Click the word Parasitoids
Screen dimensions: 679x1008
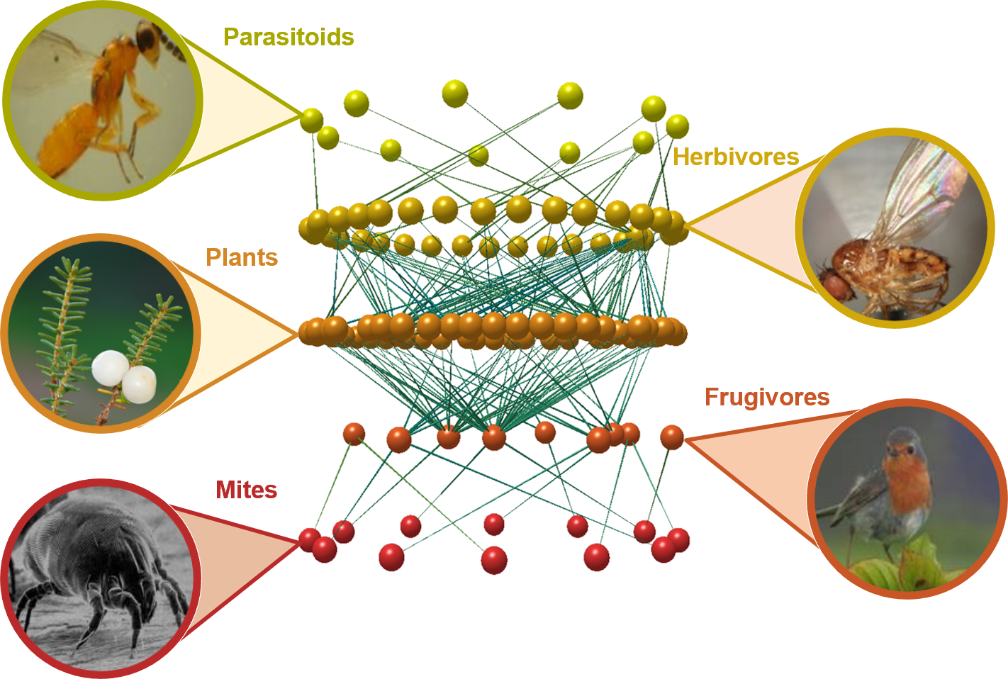289,37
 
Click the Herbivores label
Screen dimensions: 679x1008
736,157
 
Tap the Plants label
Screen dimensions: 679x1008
242,257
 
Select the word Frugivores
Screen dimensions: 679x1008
767,397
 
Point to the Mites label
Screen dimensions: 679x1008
246,490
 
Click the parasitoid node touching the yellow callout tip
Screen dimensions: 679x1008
311,120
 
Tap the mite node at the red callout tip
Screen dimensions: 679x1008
309,540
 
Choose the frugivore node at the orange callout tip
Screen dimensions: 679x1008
672,437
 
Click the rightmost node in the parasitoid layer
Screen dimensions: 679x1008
677,126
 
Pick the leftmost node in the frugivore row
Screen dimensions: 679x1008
354,433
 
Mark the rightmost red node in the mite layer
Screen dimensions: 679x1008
678,540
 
